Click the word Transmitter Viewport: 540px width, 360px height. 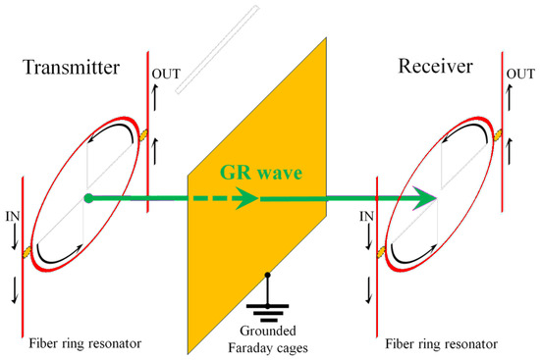[x=72, y=67]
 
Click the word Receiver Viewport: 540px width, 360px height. [x=435, y=66]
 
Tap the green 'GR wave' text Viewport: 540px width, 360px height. [x=261, y=173]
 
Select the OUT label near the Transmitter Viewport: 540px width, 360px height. [x=166, y=74]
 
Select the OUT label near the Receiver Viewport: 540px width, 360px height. [x=520, y=74]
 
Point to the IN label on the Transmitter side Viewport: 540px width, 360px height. [x=13, y=217]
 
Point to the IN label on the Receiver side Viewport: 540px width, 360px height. [x=367, y=217]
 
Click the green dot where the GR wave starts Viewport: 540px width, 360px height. [x=88, y=198]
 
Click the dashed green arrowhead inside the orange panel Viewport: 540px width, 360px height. [x=246, y=198]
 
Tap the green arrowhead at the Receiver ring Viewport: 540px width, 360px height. [x=425, y=198]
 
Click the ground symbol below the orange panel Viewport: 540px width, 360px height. [x=268, y=313]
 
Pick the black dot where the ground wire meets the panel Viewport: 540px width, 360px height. [x=268, y=275]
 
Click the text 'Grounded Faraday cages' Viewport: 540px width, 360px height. [x=268, y=339]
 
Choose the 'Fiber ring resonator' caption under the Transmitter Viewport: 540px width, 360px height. [x=85, y=343]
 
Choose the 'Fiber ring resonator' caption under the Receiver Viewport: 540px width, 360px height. [x=441, y=344]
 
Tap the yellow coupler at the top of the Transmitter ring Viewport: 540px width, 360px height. [x=143, y=135]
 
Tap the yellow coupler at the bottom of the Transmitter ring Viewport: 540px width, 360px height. [x=27, y=252]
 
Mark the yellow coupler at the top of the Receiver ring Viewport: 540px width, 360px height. [x=498, y=135]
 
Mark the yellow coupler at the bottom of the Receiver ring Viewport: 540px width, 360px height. [x=381, y=252]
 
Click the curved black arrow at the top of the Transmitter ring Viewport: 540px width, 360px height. [x=114, y=126]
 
